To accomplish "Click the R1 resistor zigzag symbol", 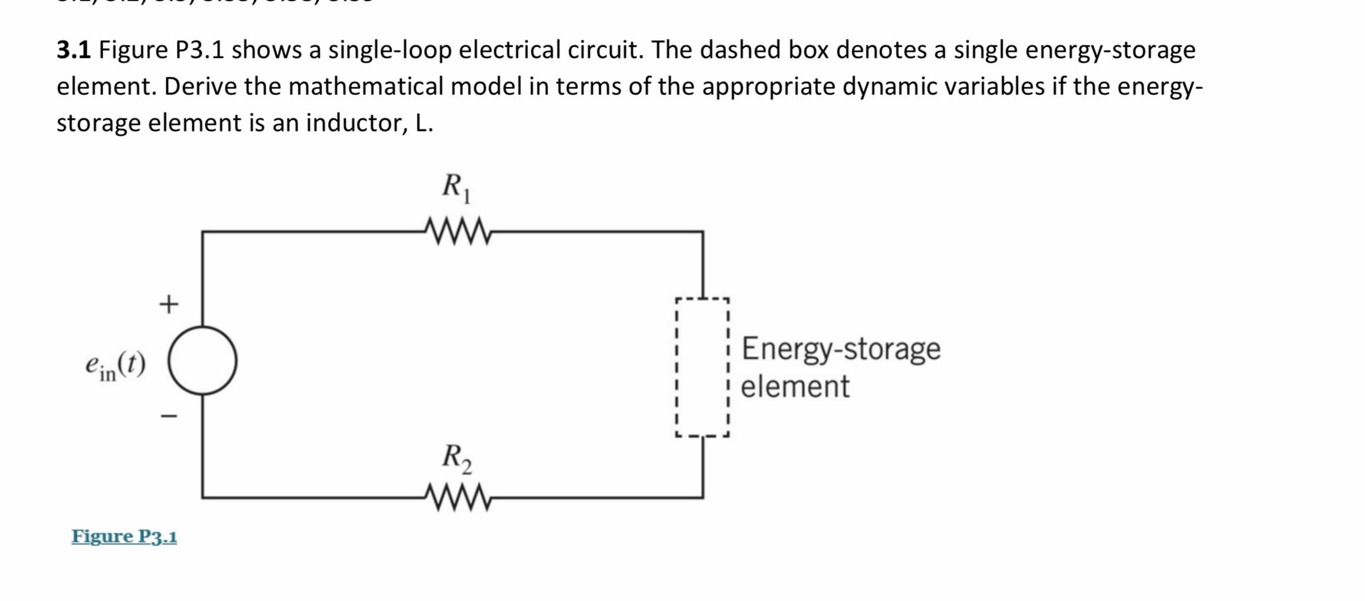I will [x=458, y=232].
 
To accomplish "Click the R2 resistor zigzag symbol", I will [x=458, y=498].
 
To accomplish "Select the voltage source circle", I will [x=202, y=361].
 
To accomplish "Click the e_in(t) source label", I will [x=115, y=365].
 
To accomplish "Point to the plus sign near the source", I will [x=169, y=304].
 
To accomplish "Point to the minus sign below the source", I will [x=169, y=416].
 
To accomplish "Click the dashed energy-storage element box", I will [x=702, y=367].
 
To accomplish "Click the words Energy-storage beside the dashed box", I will [x=841, y=348].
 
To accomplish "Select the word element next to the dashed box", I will [x=795, y=387].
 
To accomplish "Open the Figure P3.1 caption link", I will [x=124, y=536].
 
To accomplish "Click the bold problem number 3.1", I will [x=74, y=50].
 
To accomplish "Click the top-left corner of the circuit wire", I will [x=203, y=232].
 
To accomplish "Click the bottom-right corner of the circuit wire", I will [x=702, y=497].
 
